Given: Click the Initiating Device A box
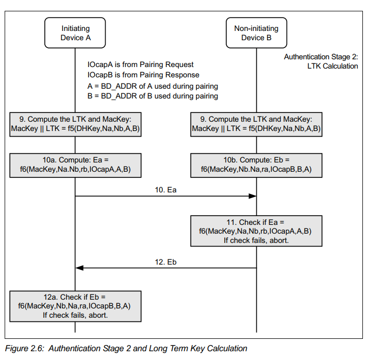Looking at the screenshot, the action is click(75, 32).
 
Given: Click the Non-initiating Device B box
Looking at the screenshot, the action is click(256, 32).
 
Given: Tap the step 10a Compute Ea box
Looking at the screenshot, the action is click(75, 166).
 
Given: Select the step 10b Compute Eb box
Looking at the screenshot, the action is click(256, 166).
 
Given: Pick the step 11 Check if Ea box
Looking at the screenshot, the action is click(256, 231).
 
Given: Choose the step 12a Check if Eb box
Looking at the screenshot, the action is click(75, 306).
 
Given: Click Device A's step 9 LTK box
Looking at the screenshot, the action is click(75, 124).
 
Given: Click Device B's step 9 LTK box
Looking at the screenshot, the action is click(256, 124).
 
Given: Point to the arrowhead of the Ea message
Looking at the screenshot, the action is click(256, 196).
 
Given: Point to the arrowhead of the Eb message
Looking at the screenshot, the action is click(76, 268).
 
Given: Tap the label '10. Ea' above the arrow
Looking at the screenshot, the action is click(165, 190).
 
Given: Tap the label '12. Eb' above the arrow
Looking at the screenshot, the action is click(165, 262).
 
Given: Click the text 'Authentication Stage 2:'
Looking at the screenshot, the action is click(321, 57).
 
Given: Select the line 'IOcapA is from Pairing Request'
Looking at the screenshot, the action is click(141, 64).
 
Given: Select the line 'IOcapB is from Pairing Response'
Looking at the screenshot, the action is click(143, 75).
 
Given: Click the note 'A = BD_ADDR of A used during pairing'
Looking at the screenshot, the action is click(153, 86).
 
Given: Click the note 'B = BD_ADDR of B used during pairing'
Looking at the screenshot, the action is click(153, 96).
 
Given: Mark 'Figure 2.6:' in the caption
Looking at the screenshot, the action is click(25, 348).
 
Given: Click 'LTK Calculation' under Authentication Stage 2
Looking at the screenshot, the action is click(332, 66).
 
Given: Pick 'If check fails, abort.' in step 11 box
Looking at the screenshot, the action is click(256, 240).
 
